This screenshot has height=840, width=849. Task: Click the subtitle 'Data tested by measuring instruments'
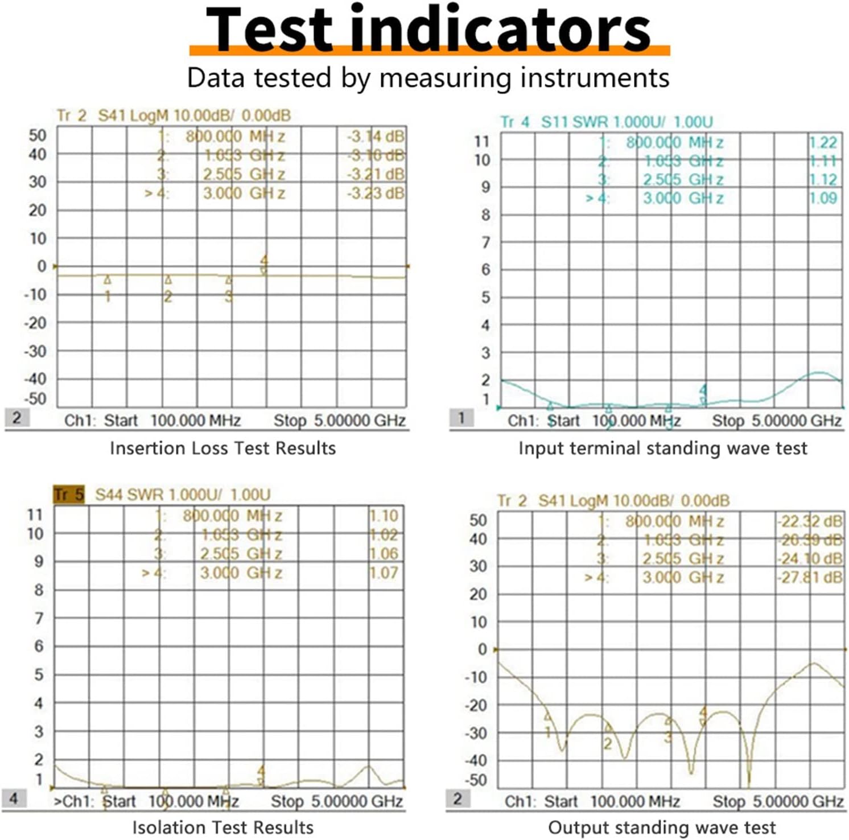pyautogui.click(x=428, y=78)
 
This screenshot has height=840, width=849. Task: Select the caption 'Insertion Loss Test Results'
pyautogui.click(x=222, y=448)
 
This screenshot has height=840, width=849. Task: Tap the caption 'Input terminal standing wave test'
pyautogui.click(x=662, y=448)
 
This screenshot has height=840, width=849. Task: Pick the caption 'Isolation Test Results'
pyautogui.click(x=222, y=827)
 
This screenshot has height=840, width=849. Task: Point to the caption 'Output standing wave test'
pyautogui.click(x=661, y=827)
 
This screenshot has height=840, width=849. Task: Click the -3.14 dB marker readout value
pyautogui.click(x=376, y=137)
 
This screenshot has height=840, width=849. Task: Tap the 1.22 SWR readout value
pyautogui.click(x=823, y=143)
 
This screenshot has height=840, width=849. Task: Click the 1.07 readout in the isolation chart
pyautogui.click(x=384, y=573)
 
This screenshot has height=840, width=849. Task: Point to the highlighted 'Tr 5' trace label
pyautogui.click(x=68, y=495)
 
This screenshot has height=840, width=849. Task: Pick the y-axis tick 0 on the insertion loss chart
pyautogui.click(x=42, y=266)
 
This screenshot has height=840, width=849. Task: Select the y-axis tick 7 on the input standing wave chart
pyautogui.click(x=485, y=243)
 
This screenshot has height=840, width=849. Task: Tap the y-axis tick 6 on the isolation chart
pyautogui.click(x=39, y=647)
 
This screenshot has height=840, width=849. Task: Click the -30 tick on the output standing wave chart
pyautogui.click(x=476, y=733)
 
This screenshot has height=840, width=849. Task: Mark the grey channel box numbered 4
pyautogui.click(x=14, y=798)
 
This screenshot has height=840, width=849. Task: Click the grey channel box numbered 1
pyautogui.click(x=461, y=418)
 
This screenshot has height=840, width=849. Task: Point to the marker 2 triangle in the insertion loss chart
pyautogui.click(x=168, y=280)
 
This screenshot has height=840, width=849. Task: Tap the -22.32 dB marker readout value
pyautogui.click(x=810, y=521)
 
